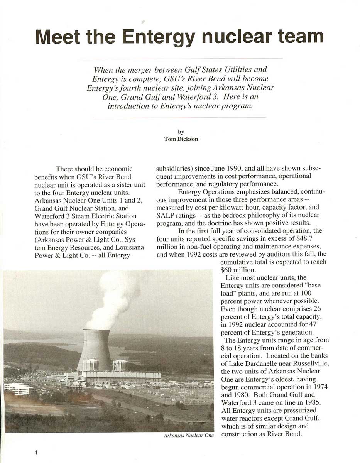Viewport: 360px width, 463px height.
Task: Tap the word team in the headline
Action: click(297, 37)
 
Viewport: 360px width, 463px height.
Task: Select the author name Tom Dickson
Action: click(181, 139)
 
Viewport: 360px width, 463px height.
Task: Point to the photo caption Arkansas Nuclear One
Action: click(188, 436)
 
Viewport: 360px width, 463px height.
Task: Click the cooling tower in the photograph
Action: click(95, 349)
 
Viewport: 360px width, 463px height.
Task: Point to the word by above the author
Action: click(181, 132)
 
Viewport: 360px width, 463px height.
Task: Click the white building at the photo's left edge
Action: click(19, 389)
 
